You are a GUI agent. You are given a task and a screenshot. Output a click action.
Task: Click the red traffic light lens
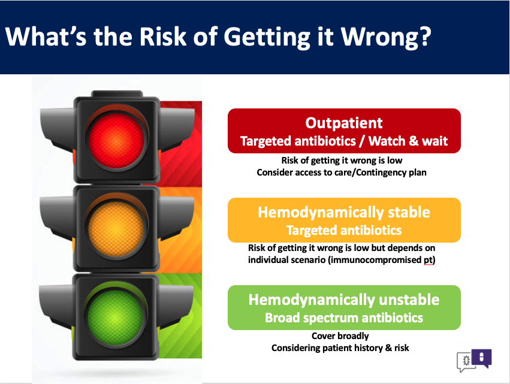(x=116, y=140)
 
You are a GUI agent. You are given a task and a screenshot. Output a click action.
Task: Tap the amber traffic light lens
(x=116, y=229)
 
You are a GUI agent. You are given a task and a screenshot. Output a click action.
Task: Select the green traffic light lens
(x=115, y=318)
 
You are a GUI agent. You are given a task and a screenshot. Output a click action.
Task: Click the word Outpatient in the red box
(x=344, y=123)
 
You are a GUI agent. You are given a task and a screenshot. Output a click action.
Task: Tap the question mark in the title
(x=425, y=36)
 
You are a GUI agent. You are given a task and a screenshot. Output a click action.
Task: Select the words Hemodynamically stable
(x=344, y=213)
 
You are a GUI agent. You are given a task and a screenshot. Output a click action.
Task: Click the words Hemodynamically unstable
(x=344, y=300)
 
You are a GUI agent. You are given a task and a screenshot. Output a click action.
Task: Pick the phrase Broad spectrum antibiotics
(x=344, y=318)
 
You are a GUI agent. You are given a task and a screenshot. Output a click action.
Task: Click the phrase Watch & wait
(x=408, y=141)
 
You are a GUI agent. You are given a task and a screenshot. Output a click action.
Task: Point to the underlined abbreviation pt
(x=428, y=260)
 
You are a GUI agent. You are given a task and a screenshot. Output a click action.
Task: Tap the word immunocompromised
(x=376, y=260)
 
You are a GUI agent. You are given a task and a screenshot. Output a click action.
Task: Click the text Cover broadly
(x=340, y=336)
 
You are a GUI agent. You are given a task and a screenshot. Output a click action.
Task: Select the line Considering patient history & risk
(x=340, y=348)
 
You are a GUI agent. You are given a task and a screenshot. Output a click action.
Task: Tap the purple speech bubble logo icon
(x=482, y=358)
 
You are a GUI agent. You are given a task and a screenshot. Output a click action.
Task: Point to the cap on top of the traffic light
(x=117, y=93)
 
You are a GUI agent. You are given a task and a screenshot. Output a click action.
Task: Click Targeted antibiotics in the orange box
(x=344, y=230)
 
